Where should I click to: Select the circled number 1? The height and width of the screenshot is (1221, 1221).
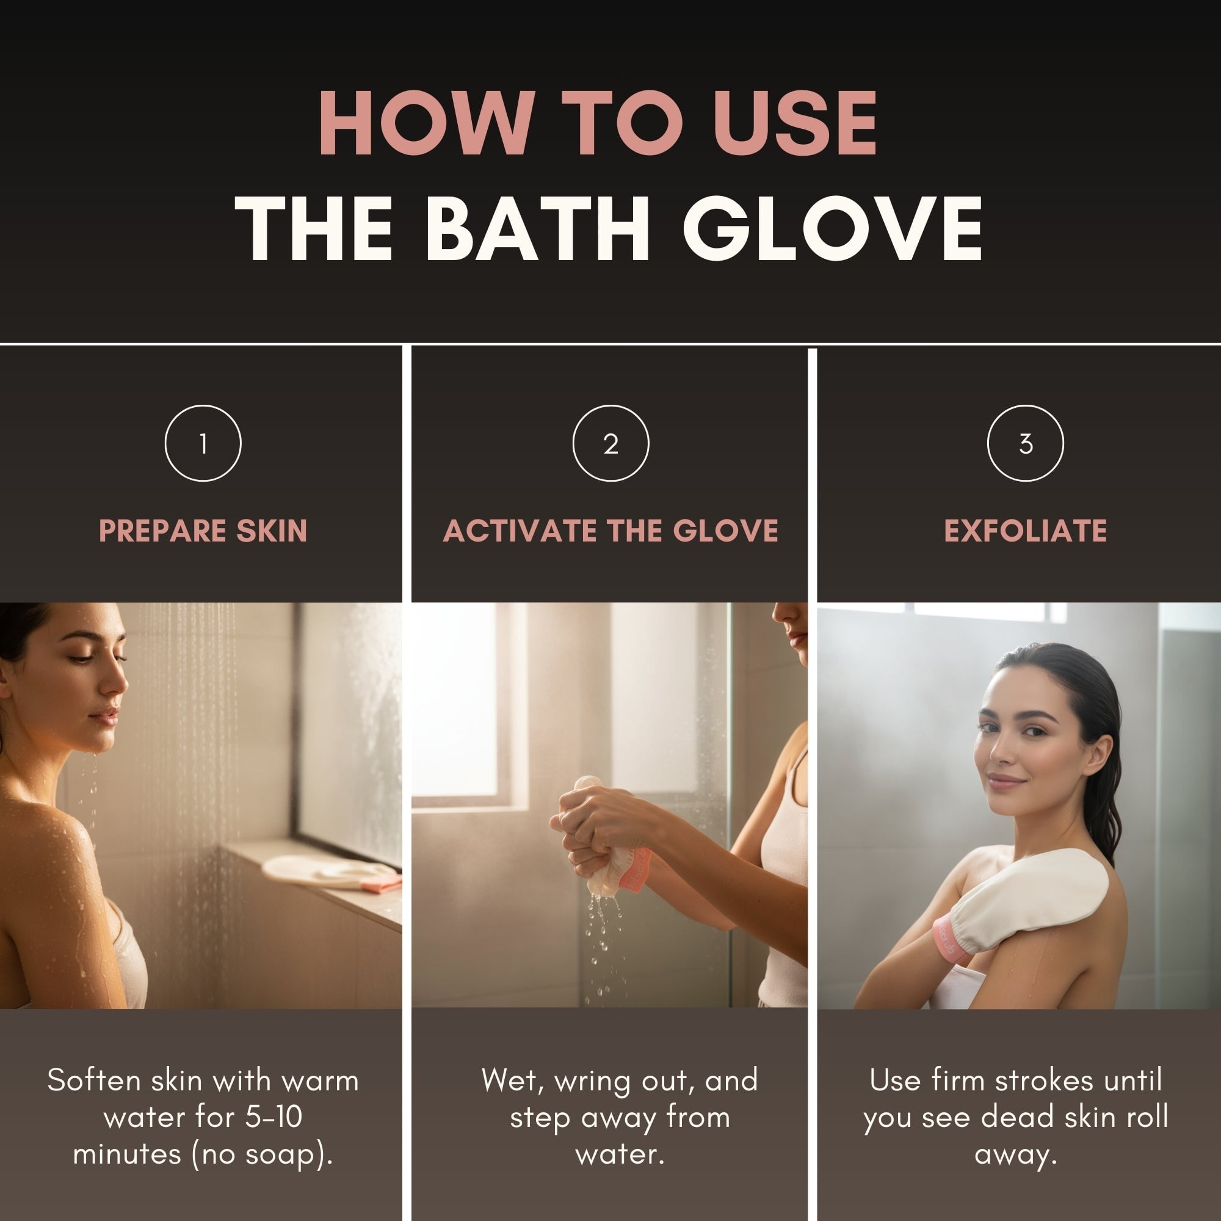point(203,444)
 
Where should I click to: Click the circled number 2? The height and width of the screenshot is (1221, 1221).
point(610,444)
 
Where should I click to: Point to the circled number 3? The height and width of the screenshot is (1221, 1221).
point(1025,444)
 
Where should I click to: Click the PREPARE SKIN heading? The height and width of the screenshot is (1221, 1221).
point(203,531)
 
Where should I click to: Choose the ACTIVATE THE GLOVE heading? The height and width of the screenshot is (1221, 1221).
point(610,531)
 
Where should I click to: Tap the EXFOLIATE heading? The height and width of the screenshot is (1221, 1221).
point(1025,531)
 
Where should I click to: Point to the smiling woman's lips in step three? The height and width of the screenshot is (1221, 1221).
point(1006,783)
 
